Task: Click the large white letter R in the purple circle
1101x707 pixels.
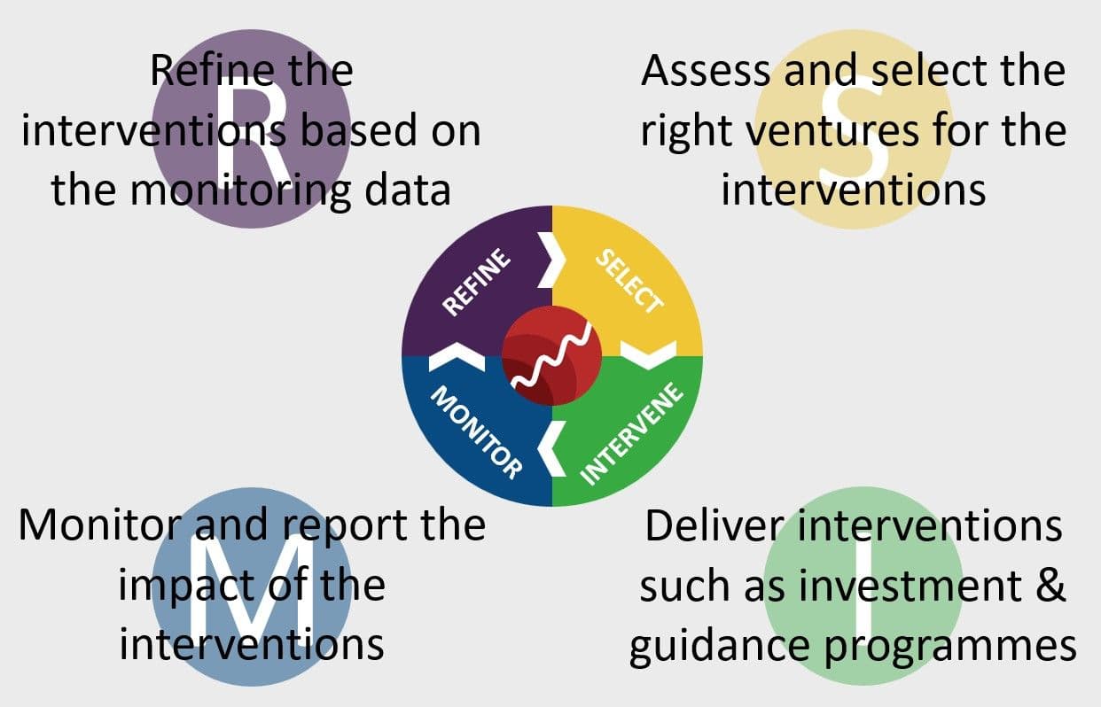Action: (251, 128)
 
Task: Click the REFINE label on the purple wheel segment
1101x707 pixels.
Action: (478, 283)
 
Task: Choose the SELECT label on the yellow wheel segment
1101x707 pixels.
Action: (629, 283)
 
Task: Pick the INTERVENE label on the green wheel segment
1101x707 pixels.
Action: (633, 435)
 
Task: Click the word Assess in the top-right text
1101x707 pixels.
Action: (706, 70)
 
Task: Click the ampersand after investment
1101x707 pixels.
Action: (1050, 587)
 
